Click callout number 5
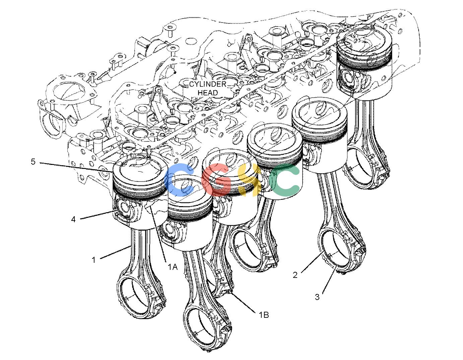(33, 162)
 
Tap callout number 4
(73, 219)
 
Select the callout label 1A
(173, 266)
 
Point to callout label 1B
(264, 315)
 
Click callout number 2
(295, 275)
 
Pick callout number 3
(317, 297)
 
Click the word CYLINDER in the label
(208, 84)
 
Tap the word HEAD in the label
(208, 93)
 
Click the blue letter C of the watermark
(180, 180)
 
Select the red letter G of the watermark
(216, 180)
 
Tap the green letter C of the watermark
(285, 180)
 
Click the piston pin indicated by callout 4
(125, 207)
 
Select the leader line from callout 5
(76, 167)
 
